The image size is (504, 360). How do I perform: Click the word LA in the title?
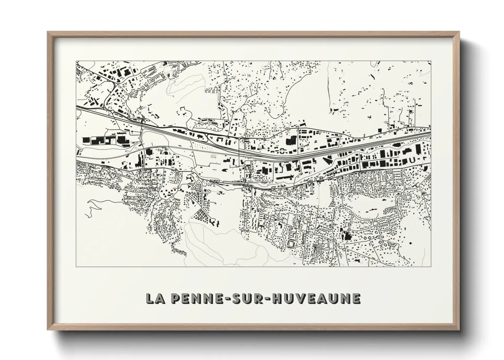point(154,298)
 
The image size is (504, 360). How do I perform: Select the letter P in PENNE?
point(174,298)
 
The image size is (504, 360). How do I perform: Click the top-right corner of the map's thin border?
point(431,62)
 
